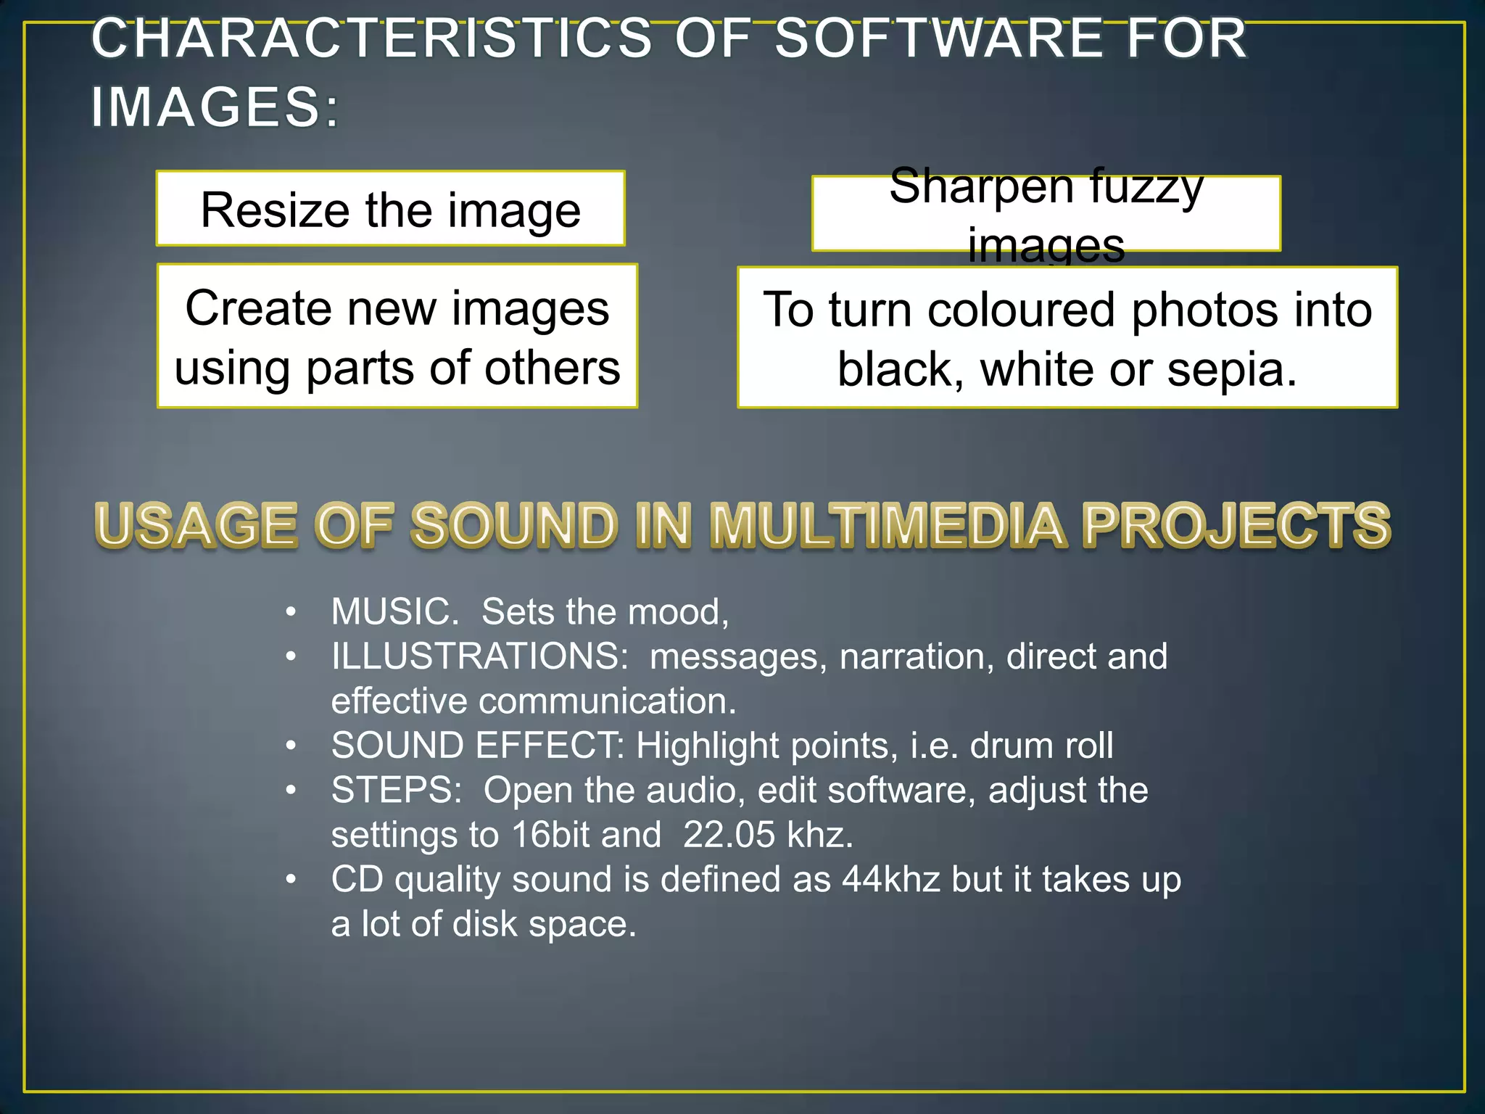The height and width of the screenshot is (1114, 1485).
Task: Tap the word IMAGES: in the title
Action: point(215,107)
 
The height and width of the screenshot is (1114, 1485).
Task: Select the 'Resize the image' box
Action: point(390,209)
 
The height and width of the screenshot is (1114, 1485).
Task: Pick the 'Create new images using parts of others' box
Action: point(397,337)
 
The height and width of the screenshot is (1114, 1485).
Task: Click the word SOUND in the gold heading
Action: point(514,525)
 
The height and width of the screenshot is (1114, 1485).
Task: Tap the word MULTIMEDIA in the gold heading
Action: point(888,525)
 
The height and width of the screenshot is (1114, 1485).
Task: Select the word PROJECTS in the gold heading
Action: point(1236,525)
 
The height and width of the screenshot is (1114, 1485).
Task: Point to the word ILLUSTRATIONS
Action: point(479,657)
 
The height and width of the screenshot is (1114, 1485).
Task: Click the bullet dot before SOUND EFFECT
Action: point(291,746)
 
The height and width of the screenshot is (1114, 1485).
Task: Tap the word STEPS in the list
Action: point(396,791)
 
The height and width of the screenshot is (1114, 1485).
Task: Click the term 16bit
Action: point(550,835)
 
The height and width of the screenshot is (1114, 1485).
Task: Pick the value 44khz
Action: point(891,880)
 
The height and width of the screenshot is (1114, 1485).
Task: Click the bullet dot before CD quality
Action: point(291,880)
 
